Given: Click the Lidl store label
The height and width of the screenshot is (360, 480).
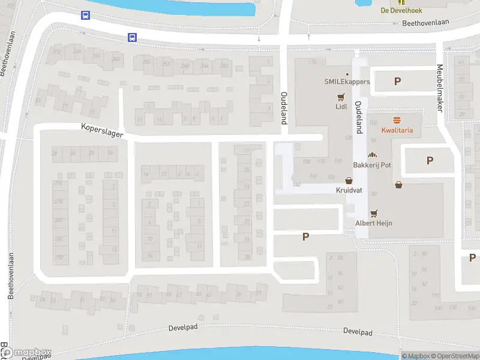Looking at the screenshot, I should click(341, 107).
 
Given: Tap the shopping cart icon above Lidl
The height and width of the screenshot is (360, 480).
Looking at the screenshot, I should click(341, 97).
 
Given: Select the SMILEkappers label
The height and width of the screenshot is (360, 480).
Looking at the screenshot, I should click(347, 82).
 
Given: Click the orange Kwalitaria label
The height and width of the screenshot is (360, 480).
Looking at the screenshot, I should click(397, 130).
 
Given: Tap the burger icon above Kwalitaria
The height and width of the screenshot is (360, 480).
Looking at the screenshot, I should click(397, 120).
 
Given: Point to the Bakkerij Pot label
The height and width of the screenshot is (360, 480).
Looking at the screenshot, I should click(372, 164).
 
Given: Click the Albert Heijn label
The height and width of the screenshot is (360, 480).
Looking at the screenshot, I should click(374, 223).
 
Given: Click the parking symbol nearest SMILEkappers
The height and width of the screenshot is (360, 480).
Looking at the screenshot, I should click(397, 82).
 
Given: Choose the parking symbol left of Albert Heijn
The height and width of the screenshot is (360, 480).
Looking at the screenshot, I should click(305, 237).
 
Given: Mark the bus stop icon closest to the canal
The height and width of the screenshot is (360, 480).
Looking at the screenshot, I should click(86, 16).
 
